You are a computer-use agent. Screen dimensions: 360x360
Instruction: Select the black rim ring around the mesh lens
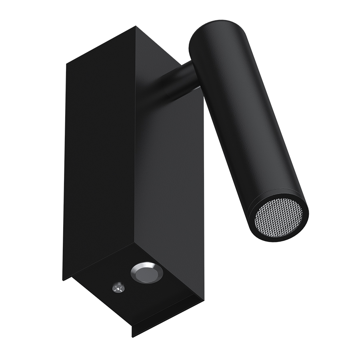[x=256, y=228]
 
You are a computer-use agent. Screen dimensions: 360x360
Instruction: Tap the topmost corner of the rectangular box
[x=136, y=27]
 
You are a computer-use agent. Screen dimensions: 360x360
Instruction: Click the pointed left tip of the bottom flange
[x=63, y=279]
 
